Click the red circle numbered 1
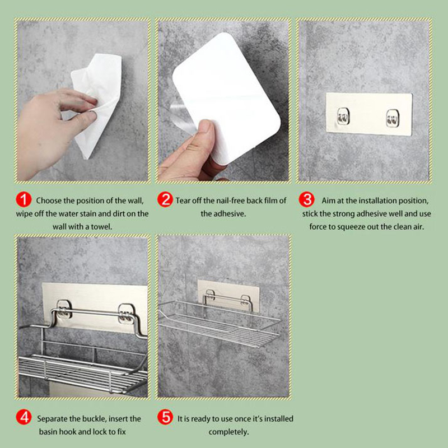coord(24,199)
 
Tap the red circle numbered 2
coord(165,199)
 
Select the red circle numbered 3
coord(306,199)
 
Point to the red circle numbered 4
coord(24,417)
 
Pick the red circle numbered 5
coord(165,417)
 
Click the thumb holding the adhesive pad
coord(203,134)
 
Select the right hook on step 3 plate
coord(393,118)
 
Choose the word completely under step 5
coord(228,432)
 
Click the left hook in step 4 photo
coord(63,310)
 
